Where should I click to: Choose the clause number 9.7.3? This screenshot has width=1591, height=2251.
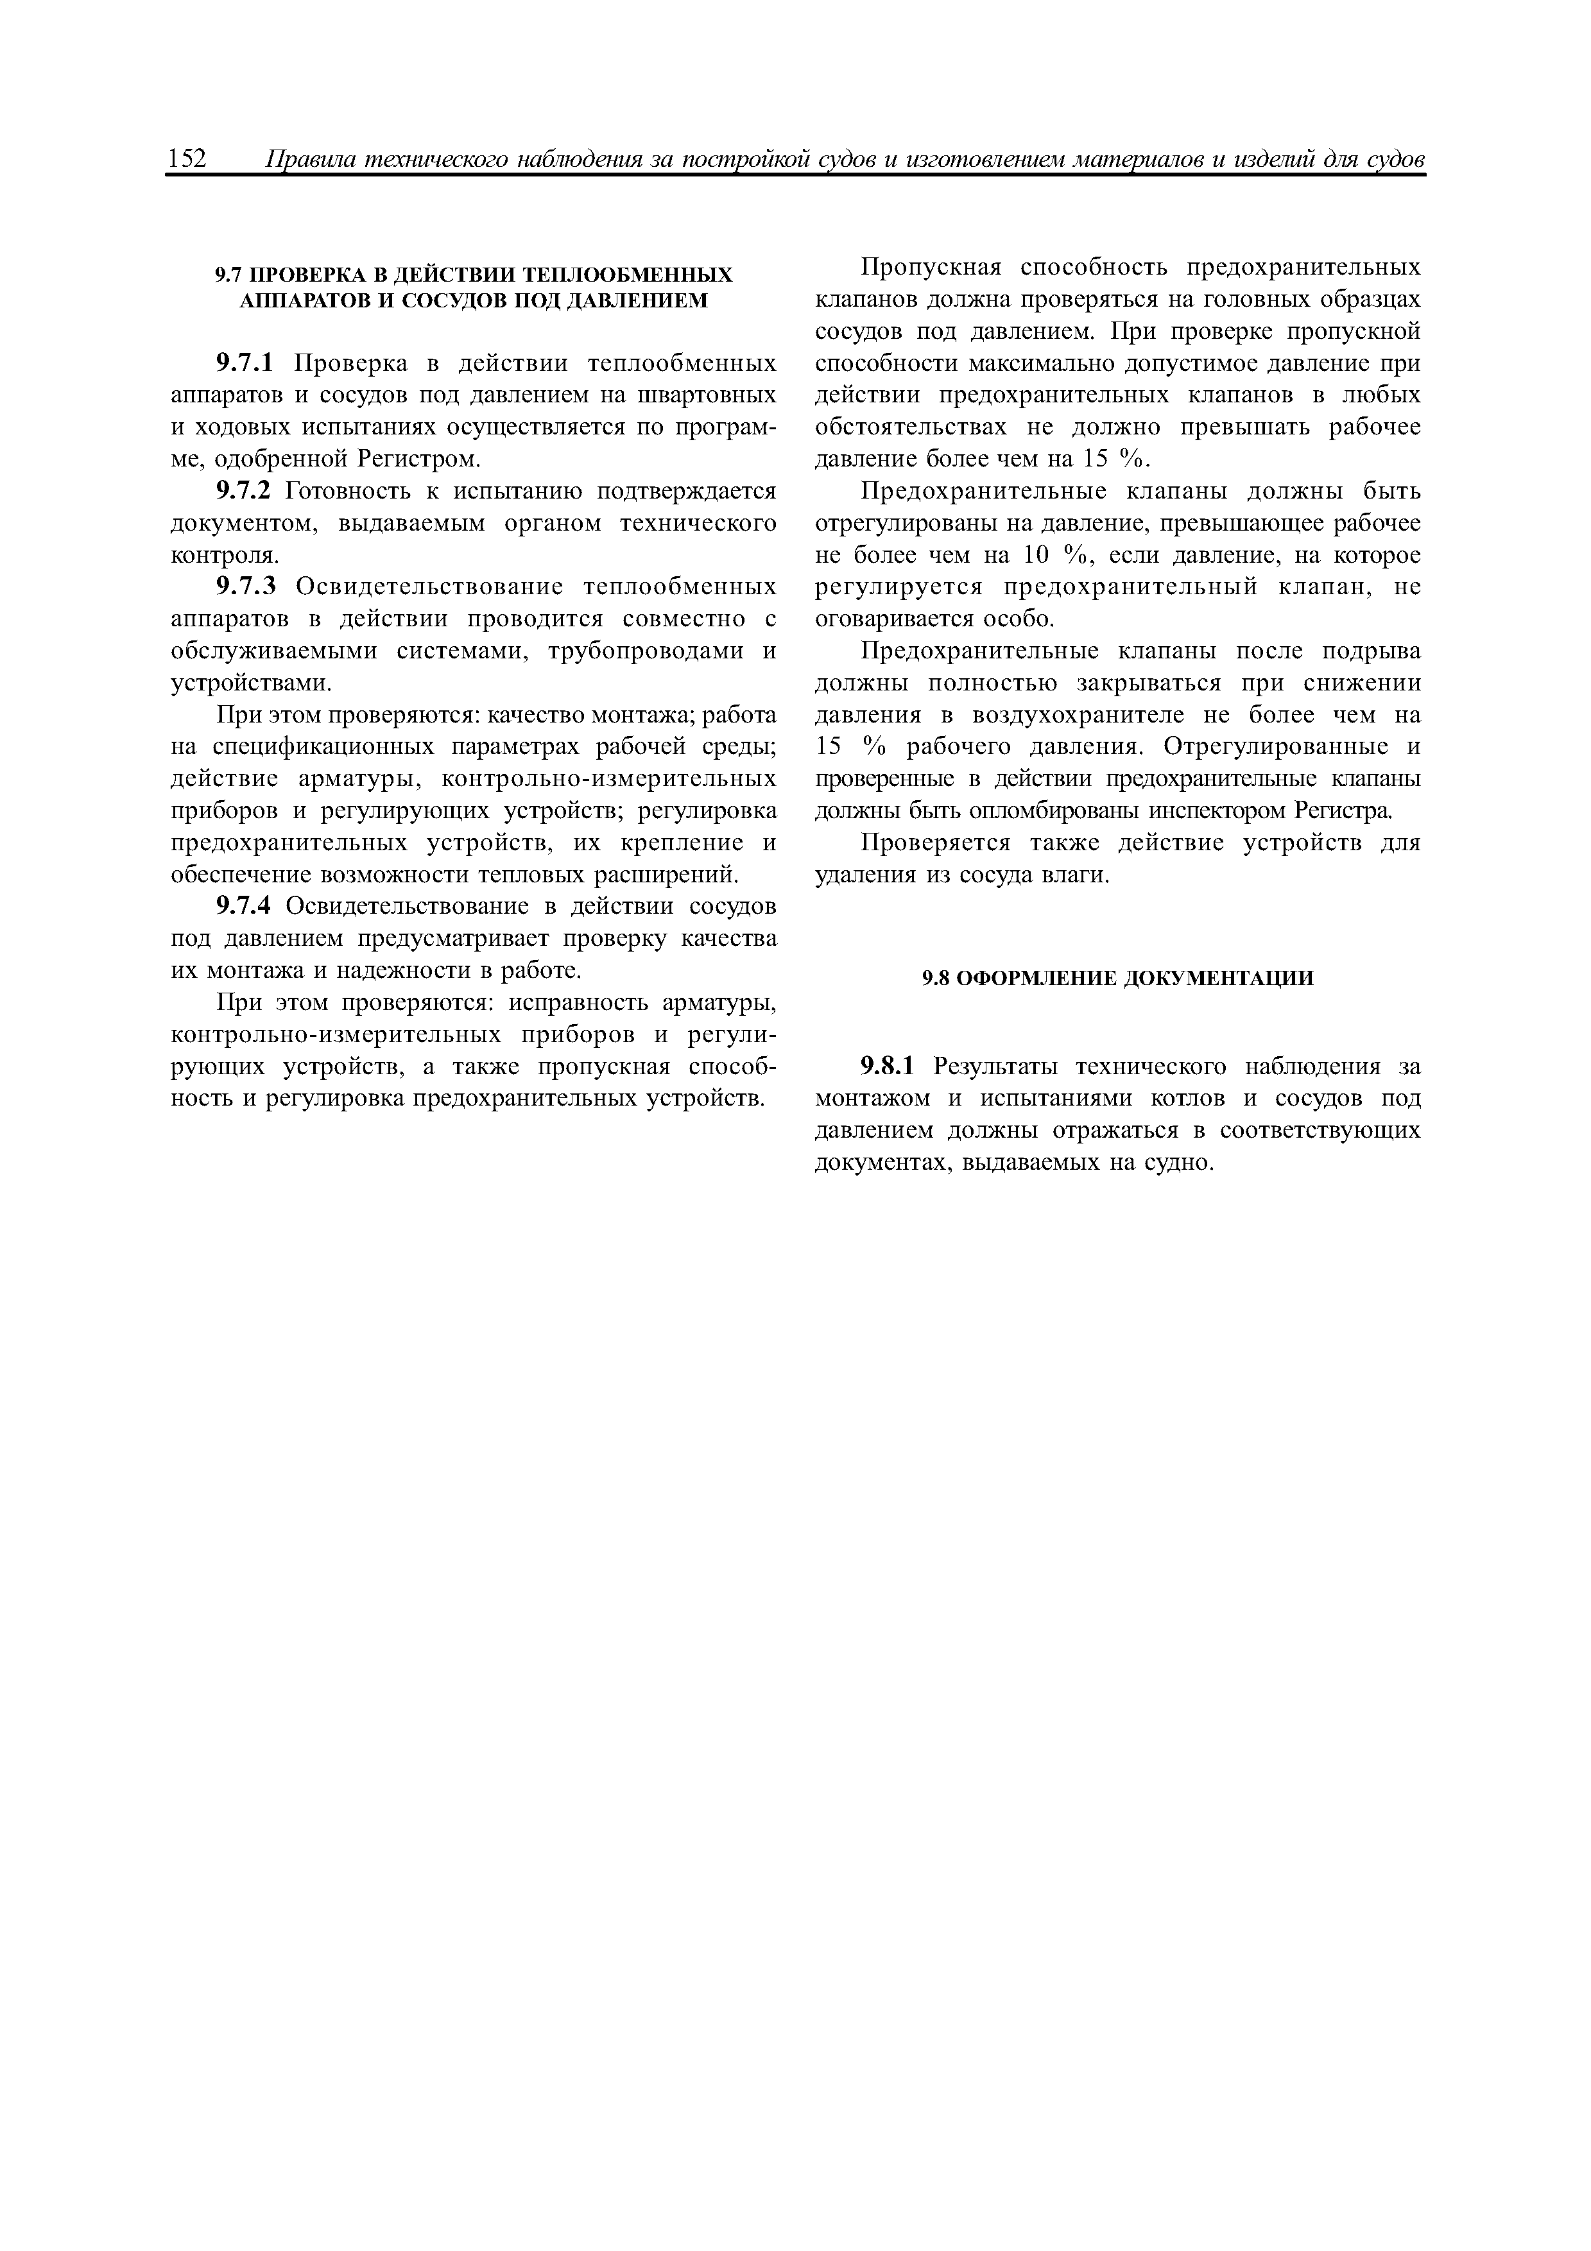247,587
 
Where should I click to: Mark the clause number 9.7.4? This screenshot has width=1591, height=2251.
247,906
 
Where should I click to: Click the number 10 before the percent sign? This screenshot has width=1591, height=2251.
1036,556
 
